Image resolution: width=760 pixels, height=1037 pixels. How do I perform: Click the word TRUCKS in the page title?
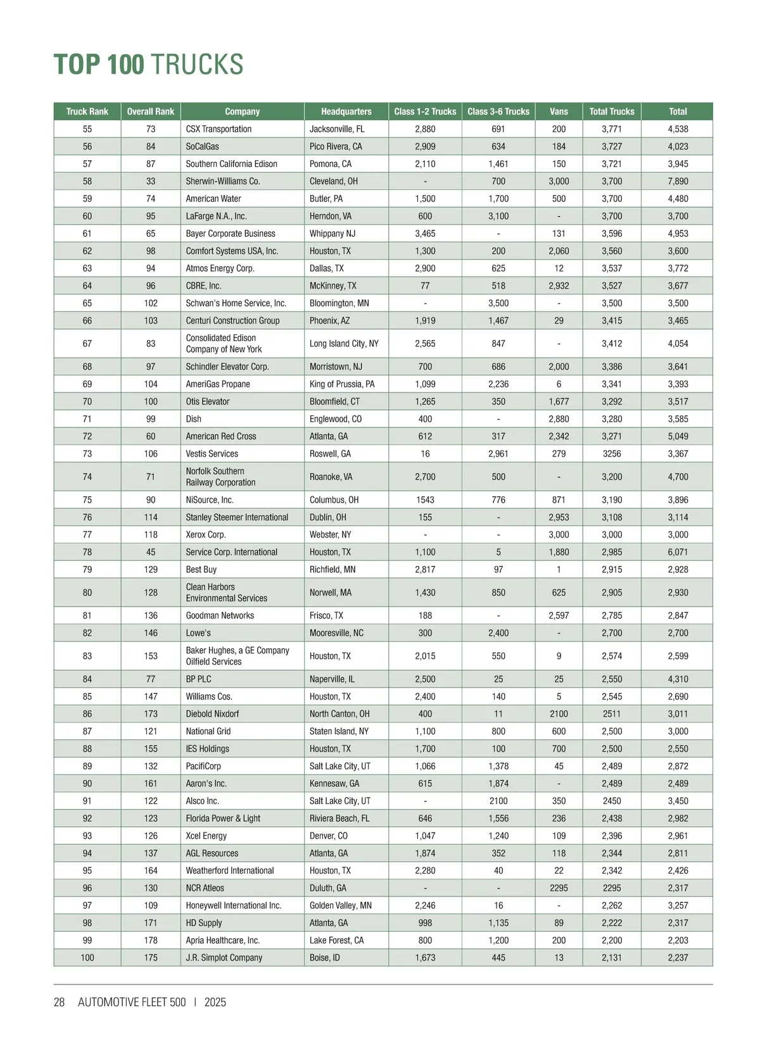197,65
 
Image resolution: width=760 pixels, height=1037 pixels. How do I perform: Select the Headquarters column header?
346,111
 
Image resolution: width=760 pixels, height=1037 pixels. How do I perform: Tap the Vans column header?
559,111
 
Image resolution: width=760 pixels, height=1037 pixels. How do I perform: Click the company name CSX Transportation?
218,129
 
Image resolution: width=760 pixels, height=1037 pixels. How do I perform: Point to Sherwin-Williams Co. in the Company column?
223,181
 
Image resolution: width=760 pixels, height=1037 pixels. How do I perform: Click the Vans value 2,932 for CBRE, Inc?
559,286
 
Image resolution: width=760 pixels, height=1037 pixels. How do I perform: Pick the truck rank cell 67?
87,344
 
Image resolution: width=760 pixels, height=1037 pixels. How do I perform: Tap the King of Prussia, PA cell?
342,384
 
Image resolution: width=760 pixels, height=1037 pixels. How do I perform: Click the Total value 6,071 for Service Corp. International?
678,552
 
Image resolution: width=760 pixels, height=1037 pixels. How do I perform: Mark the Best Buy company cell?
201,570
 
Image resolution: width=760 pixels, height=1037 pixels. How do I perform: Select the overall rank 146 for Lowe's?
151,633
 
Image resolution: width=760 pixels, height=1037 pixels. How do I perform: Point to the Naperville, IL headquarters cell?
332,679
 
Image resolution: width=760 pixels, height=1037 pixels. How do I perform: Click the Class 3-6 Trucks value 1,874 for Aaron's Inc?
498,784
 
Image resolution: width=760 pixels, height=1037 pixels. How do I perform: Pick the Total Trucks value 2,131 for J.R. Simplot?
612,958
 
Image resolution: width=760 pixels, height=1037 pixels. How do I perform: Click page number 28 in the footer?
59,1002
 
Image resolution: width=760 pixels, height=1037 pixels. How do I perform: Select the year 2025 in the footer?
215,1002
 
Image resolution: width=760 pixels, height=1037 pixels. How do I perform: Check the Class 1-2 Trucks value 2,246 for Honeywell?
425,906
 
